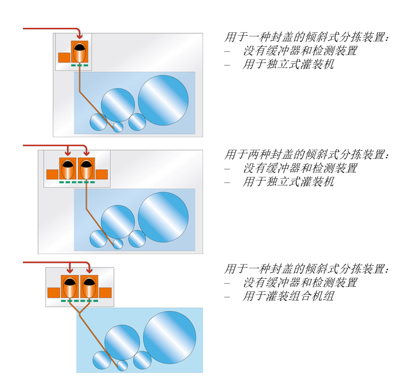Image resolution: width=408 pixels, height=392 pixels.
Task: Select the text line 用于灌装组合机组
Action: (288, 296)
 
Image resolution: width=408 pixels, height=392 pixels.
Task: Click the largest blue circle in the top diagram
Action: (163, 100)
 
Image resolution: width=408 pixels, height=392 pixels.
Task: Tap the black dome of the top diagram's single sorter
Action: (80, 47)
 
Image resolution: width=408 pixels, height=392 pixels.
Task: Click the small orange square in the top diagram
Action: (64, 58)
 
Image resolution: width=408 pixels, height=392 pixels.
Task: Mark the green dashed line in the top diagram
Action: (80, 65)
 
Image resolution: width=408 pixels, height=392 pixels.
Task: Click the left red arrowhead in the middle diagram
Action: (67, 153)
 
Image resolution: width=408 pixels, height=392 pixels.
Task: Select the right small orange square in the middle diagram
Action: (102, 174)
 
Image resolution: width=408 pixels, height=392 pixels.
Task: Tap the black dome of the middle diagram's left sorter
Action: (67, 164)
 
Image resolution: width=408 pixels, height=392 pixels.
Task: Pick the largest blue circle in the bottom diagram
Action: (170, 338)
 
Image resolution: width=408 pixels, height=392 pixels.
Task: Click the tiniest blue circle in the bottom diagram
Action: (122, 365)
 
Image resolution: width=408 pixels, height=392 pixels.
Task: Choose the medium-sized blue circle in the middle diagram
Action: (118, 221)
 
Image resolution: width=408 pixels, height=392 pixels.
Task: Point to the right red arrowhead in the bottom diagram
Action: (89, 270)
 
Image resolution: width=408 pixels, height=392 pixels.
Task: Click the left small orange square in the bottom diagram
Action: (54, 293)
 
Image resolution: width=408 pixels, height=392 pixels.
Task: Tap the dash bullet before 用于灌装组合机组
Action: (227, 297)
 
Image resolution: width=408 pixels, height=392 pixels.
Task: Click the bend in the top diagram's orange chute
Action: (80, 92)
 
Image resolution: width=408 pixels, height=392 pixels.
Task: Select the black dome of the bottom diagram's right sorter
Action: (89, 281)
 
